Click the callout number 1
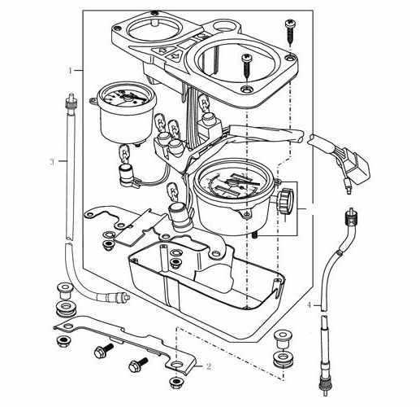coord(71,71)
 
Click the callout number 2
coord(208,366)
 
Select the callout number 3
coord(52,162)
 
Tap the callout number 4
coord(310,304)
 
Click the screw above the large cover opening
coord(247,67)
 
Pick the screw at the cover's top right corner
coord(291,32)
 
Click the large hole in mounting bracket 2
coord(176,364)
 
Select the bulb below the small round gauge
coord(125,154)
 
